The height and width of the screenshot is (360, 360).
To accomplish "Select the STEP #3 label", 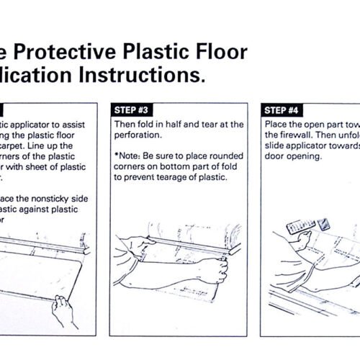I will coord(133,109).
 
